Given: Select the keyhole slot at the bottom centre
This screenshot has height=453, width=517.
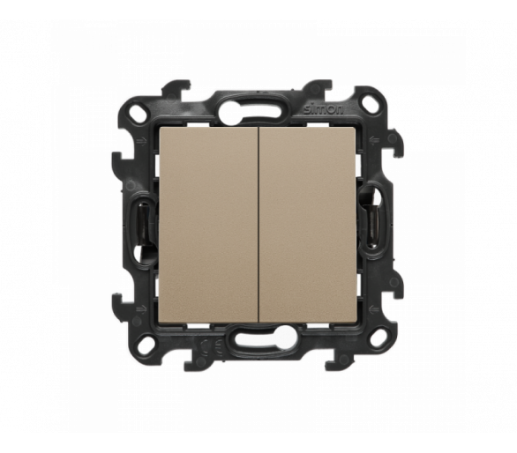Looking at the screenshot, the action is point(257,342).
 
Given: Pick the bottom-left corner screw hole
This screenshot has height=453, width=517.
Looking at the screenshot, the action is point(146,346).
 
